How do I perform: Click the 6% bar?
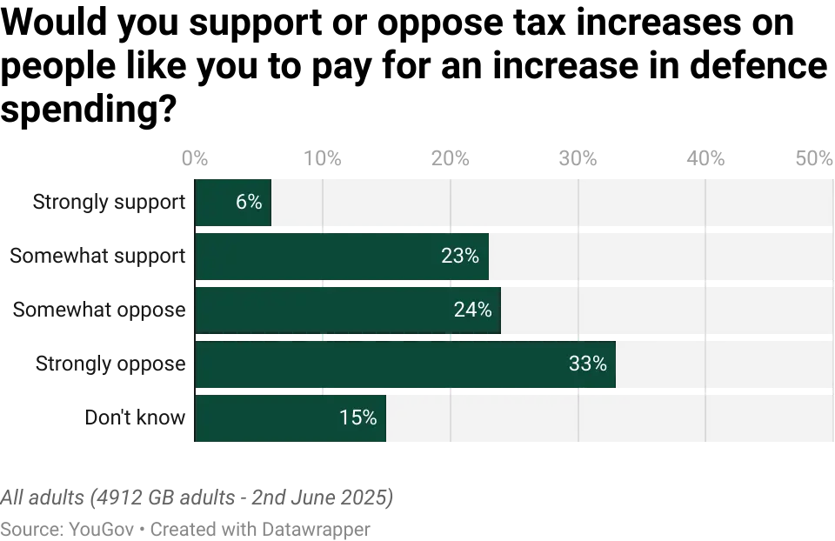[233, 202]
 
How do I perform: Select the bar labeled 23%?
[342, 256]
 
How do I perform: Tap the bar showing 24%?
[348, 310]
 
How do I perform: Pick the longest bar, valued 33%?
[405, 364]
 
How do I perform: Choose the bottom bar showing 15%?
[291, 418]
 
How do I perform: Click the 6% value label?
[249, 202]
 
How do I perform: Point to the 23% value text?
[460, 256]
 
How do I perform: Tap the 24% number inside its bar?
[472, 310]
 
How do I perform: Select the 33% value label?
[587, 364]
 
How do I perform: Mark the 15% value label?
[357, 418]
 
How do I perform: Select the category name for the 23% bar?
[97, 256]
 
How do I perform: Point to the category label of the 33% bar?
[110, 364]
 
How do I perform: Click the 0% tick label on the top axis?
[195, 157]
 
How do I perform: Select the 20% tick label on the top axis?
[451, 157]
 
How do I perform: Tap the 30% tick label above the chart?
[578, 157]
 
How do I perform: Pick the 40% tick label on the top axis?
[705, 157]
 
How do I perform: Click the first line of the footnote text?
[197, 498]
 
